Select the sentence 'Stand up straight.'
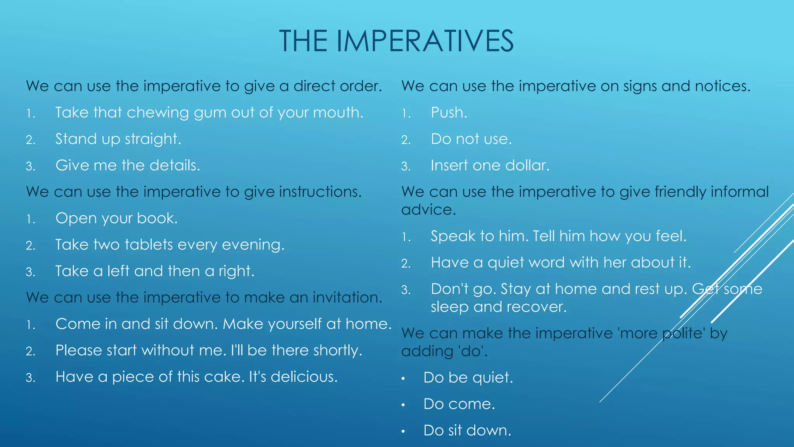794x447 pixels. (118, 139)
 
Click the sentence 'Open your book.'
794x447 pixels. (116, 218)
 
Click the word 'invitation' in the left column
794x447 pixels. (347, 298)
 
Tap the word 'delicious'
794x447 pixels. (304, 377)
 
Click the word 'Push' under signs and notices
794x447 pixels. (448, 113)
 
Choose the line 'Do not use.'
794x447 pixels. (471, 139)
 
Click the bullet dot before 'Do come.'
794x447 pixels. (403, 405)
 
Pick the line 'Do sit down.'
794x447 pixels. (467, 430)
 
